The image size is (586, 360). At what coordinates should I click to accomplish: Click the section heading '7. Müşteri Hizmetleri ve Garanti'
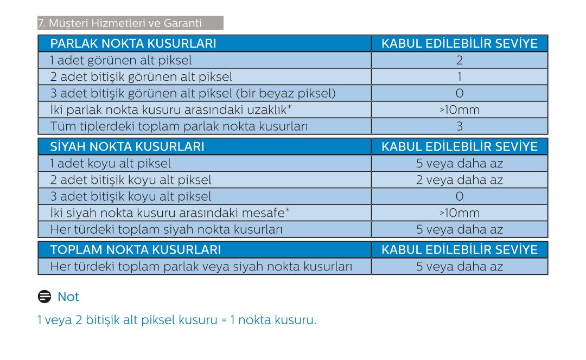119,23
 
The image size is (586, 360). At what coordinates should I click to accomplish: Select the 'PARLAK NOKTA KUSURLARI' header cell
133,44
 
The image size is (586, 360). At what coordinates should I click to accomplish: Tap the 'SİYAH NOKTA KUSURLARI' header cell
127,147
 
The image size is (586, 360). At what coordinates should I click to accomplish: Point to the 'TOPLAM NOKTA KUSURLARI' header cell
135,250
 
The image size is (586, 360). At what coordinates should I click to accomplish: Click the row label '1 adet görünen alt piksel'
121,61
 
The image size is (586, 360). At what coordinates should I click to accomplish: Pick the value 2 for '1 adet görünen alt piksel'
460,61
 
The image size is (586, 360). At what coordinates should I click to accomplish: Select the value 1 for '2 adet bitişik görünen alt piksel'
460,77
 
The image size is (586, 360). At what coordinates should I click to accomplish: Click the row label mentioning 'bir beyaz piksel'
193,93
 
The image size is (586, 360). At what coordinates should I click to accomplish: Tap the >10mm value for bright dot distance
460,110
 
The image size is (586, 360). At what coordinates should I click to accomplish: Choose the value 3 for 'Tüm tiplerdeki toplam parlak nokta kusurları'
460,127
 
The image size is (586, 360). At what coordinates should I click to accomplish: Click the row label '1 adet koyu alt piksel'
111,163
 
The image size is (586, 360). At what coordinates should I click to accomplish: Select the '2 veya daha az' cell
460,180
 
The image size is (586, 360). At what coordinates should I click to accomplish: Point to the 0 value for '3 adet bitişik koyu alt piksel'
460,196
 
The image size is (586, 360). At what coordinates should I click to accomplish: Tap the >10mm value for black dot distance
460,213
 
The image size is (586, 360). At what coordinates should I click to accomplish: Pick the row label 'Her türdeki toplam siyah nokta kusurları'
167,229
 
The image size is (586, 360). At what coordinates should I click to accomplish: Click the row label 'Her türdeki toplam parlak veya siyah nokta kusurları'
201,267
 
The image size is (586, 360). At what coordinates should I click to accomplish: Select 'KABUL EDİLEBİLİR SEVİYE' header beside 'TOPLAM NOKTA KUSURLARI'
460,250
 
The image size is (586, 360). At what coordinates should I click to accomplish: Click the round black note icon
44,297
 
